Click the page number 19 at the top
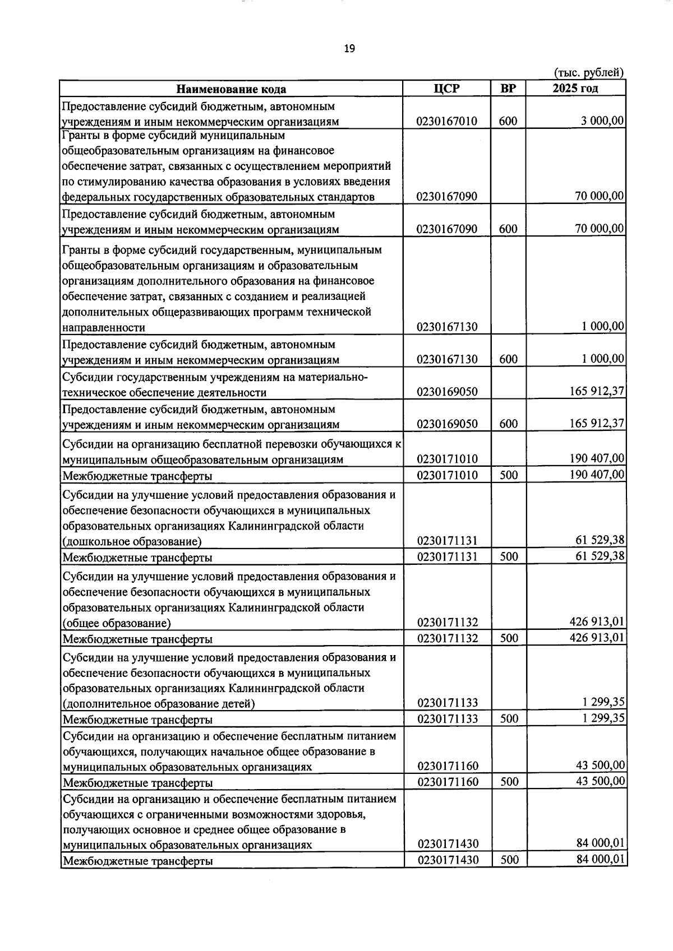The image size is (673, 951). [349, 49]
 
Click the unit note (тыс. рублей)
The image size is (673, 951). [588, 72]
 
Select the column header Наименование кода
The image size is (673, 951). [231, 89]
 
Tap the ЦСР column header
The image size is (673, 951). [447, 89]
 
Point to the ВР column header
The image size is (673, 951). [508, 89]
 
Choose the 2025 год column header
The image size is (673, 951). [575, 89]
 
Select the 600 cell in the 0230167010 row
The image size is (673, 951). [508, 121]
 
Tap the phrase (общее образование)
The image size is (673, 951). [117, 623]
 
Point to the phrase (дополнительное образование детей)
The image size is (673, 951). [159, 703]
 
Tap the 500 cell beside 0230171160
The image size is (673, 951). [509, 782]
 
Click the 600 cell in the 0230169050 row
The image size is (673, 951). [508, 424]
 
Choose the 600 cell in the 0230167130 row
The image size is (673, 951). [508, 359]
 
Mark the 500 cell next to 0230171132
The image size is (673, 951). [509, 638]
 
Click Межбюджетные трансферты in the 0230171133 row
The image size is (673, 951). [137, 719]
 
